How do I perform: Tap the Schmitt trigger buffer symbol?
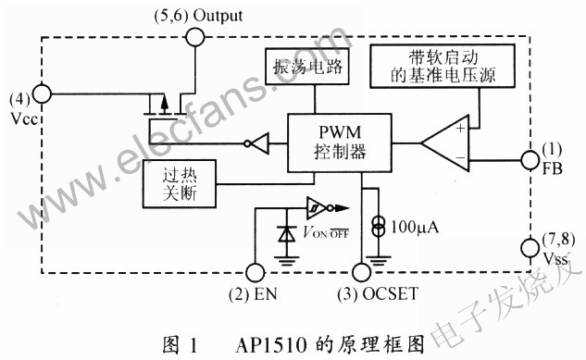pos(317,208)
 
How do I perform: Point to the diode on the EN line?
pos(287,234)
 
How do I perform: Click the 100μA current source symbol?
pos(379,225)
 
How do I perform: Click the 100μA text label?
pos(415,227)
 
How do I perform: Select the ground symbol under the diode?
pos(287,261)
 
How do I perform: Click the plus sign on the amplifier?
pos(461,128)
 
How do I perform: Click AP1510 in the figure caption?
pos(272,345)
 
